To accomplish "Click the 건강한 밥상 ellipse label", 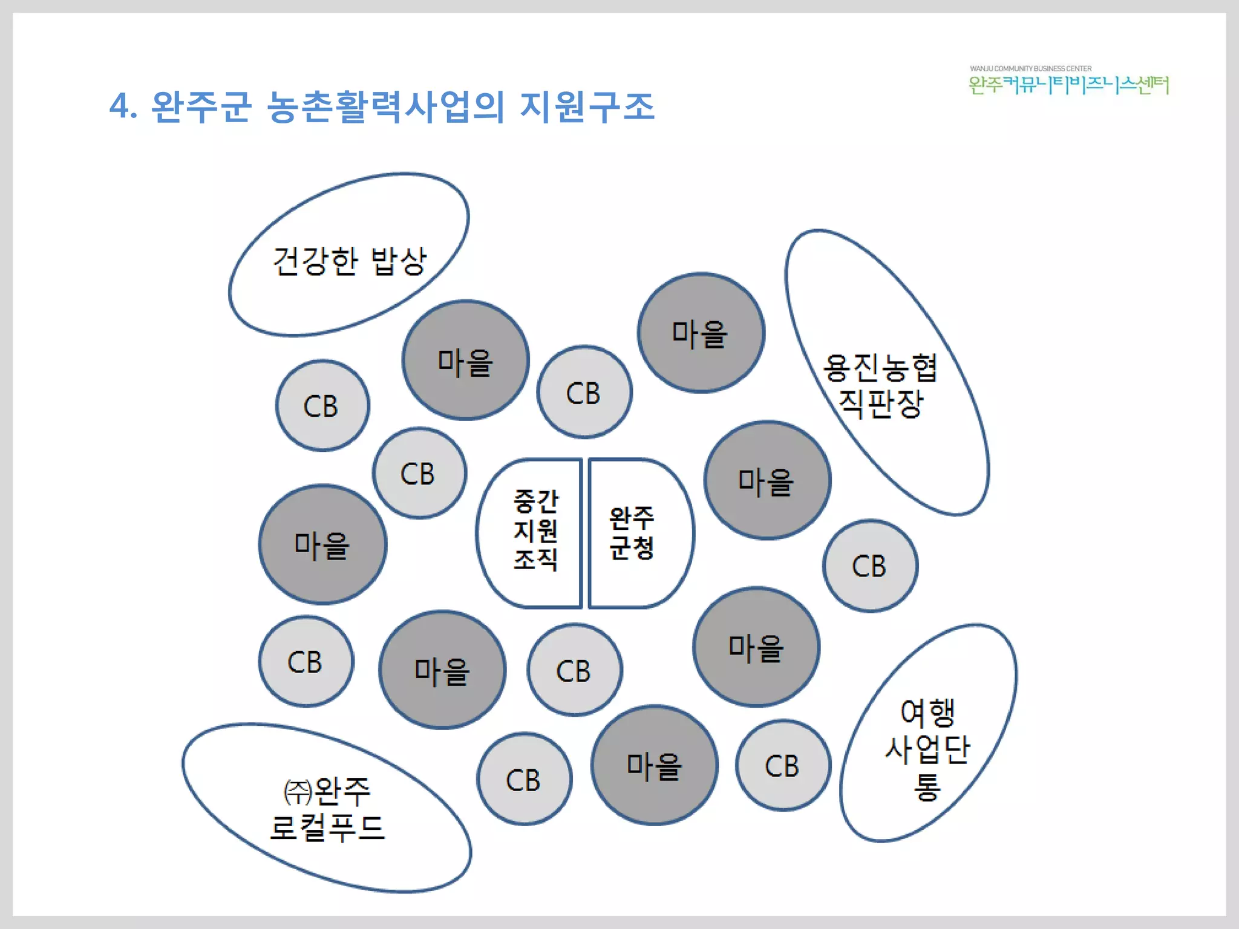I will point(350,261).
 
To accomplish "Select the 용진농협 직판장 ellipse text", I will point(880,385).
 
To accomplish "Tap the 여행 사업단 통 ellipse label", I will point(927,749).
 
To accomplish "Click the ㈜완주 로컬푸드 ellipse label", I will point(327,809).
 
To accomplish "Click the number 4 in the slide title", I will point(120,107).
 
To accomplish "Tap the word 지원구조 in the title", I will point(587,107).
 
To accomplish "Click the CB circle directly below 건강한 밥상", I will point(322,406).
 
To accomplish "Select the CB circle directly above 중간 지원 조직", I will point(584,393).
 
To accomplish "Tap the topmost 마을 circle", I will point(701,333).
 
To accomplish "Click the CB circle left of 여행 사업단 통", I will point(783,766).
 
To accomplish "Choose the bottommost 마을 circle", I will point(654,766).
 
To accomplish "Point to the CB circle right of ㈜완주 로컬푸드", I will point(524,780).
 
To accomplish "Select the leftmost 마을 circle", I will point(322,545).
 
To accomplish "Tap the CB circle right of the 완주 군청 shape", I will point(870,566).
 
